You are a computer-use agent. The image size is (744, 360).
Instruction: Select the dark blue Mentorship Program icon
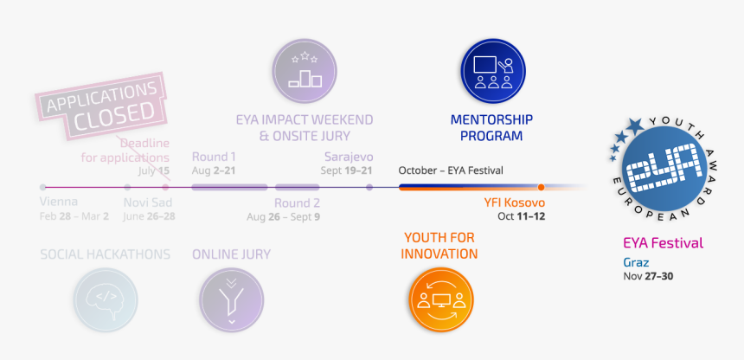(491, 66)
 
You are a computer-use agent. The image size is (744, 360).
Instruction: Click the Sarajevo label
(348, 157)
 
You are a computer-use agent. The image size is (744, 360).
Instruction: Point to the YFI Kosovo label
(514, 202)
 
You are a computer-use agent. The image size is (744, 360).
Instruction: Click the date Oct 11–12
(521, 215)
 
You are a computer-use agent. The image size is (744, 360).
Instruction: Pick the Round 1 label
(214, 157)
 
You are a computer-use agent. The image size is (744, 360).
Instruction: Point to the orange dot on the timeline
(541, 187)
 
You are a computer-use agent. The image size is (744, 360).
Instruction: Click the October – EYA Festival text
(451, 170)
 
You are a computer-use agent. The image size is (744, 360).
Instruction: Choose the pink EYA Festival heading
(663, 243)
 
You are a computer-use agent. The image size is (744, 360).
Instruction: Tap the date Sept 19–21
(346, 170)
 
